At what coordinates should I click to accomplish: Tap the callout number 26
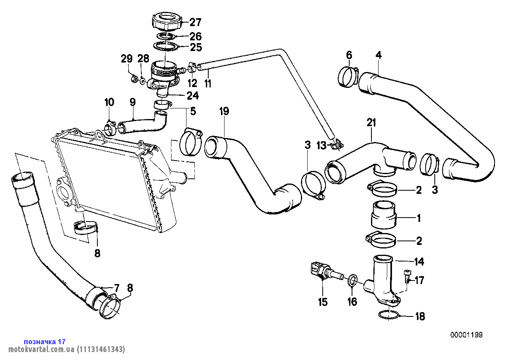tap(196, 37)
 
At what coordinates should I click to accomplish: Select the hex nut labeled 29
tap(134, 80)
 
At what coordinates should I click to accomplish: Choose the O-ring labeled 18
tap(388, 316)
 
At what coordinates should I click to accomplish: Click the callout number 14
tap(419, 261)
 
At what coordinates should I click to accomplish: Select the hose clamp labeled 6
tap(348, 77)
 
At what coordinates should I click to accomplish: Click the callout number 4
tap(379, 55)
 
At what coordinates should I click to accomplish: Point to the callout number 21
tap(371, 123)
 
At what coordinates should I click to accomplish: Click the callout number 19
tap(224, 111)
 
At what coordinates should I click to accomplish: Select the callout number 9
tap(133, 102)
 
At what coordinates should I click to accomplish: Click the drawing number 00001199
tap(466, 335)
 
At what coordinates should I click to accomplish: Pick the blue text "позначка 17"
tap(45, 341)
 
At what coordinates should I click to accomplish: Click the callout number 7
tap(116, 287)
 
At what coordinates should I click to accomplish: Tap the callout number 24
tap(193, 95)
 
